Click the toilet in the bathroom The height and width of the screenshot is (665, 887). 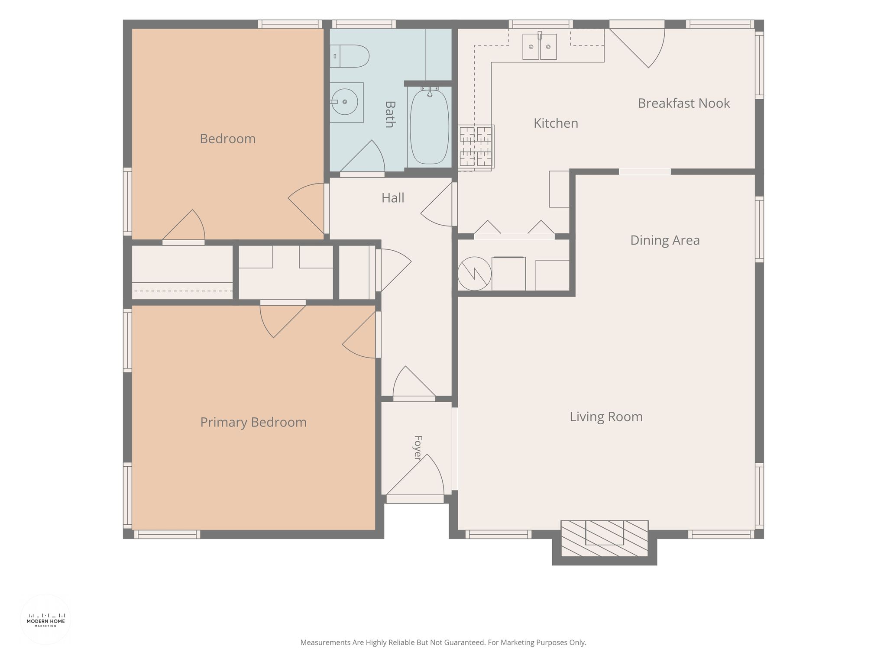(x=350, y=56)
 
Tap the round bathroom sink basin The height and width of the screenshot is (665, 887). (x=344, y=102)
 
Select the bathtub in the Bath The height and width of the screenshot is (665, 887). (x=429, y=127)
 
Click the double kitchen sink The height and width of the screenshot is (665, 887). (x=540, y=46)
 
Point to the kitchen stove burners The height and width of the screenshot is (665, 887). (x=476, y=146)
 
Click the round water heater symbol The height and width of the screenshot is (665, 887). (x=475, y=274)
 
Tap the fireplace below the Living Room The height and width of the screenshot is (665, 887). (x=605, y=539)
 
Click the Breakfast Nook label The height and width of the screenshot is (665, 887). (x=684, y=103)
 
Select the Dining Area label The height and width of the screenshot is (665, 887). (x=665, y=240)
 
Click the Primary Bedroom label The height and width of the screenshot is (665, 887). (x=253, y=423)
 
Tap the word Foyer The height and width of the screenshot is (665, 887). (x=418, y=448)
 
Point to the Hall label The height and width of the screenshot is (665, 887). (x=393, y=198)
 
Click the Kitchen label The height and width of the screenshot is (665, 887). (x=556, y=123)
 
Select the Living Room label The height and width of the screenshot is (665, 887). (x=606, y=417)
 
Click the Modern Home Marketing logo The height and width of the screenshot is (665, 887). (x=45, y=620)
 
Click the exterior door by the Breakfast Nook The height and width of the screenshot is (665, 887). (x=637, y=44)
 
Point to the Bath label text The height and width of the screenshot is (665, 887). (x=390, y=114)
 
